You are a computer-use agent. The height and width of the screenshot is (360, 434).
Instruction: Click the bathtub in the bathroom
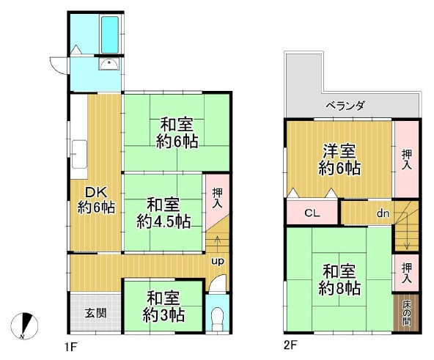110,34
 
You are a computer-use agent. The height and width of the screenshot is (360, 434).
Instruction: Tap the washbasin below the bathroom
109,65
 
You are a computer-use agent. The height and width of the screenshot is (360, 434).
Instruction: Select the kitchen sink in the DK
79,154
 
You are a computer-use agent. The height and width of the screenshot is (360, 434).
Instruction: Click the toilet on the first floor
217,320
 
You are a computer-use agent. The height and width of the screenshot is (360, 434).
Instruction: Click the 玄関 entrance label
95,313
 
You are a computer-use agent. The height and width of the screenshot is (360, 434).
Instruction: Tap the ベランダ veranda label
345,106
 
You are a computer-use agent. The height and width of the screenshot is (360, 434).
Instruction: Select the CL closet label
312,213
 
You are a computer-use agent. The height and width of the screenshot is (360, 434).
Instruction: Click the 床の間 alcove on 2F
406,312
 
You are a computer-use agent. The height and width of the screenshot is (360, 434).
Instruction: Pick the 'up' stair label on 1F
218,261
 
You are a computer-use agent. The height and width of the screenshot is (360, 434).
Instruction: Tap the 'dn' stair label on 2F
383,213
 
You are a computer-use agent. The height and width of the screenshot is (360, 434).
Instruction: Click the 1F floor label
70,346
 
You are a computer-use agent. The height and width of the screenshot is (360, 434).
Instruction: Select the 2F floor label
290,345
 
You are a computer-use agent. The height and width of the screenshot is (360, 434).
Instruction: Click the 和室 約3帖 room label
163,306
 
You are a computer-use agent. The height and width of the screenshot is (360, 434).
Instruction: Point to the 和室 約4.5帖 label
163,213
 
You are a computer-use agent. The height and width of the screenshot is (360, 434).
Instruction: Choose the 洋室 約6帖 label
339,160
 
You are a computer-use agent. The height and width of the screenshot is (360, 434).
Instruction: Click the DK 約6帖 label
96,200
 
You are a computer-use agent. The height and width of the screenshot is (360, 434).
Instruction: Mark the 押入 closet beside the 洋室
406,159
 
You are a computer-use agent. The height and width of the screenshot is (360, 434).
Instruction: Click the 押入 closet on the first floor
217,197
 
